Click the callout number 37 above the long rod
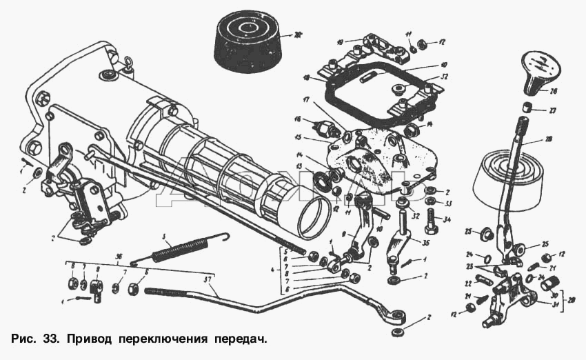(210, 279)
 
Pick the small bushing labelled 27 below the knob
(525, 108)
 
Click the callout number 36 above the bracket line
(118, 256)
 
